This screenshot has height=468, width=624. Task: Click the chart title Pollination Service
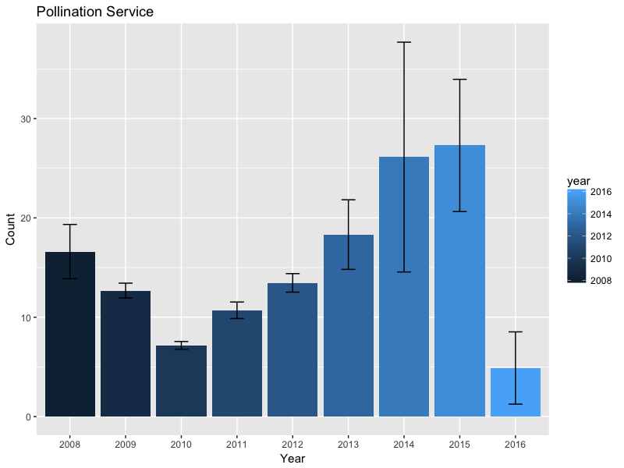pos(94,12)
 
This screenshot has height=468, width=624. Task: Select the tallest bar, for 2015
pos(459,281)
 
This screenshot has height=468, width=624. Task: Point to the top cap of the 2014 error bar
pos(404,42)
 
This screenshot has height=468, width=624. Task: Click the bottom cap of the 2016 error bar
pos(515,403)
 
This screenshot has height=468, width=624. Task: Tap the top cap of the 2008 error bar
pos(70,225)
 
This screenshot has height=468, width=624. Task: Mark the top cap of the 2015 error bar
pos(459,80)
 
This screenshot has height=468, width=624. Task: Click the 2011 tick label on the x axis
pos(237,443)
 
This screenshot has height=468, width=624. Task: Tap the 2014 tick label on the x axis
pos(404,443)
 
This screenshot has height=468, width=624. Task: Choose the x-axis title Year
pos(292,459)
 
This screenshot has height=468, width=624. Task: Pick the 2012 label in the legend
pos(600,236)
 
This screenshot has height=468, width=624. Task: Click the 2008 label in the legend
pos(600,281)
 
